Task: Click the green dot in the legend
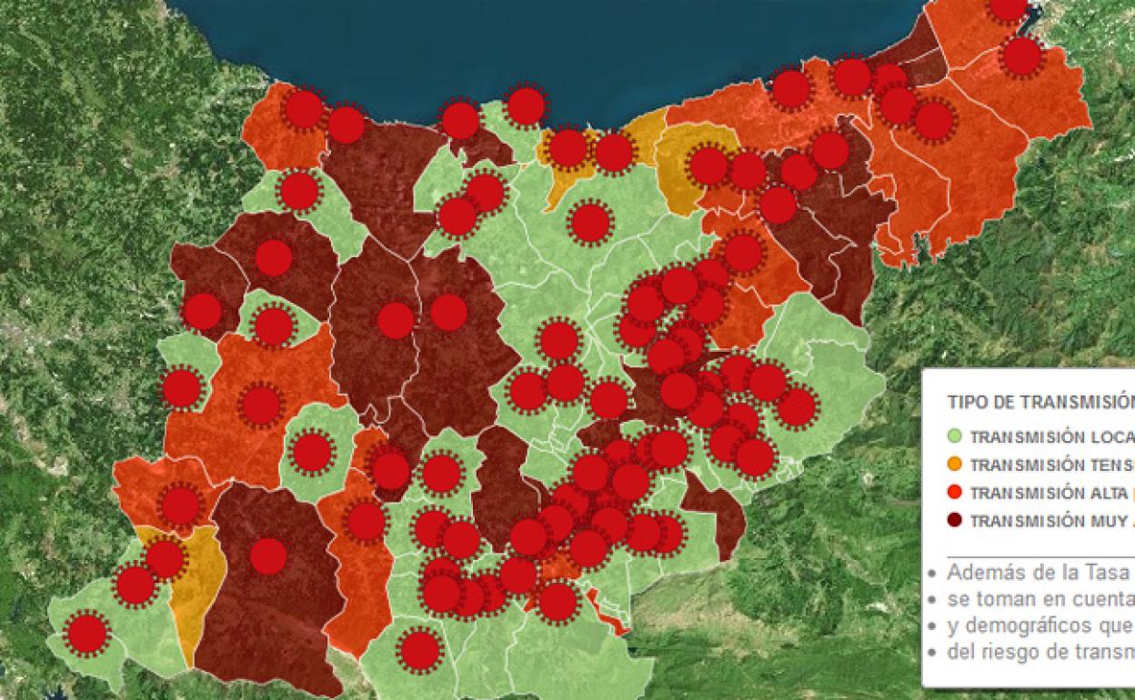pyautogui.click(x=954, y=436)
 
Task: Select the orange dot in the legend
pyautogui.click(x=954, y=465)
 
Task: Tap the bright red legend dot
pyautogui.click(x=954, y=493)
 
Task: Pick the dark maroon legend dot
pyautogui.click(x=954, y=521)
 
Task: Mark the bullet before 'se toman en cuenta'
pyautogui.click(x=931, y=601)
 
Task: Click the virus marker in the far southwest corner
pyautogui.click(x=87, y=634)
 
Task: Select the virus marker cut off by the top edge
pyautogui.click(x=1008, y=6)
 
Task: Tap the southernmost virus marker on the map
pyautogui.click(x=420, y=651)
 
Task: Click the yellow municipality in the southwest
pyautogui.click(x=198, y=582)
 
